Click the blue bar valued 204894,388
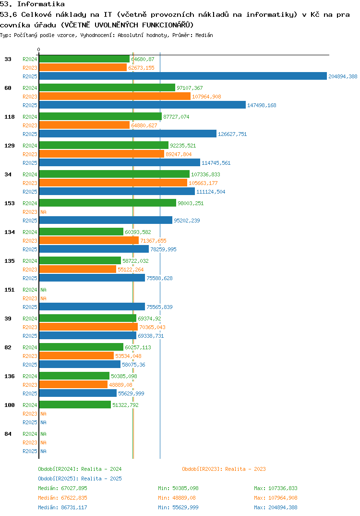[183, 76]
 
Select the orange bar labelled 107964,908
[115, 97]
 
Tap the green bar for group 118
[100, 117]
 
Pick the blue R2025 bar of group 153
[106, 221]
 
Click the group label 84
[8, 434]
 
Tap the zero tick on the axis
[39, 50]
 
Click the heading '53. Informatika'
[32, 4]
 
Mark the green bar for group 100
[75, 405]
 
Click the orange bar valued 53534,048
[76, 356]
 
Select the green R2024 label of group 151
[30, 290]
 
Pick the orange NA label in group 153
[43, 212]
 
